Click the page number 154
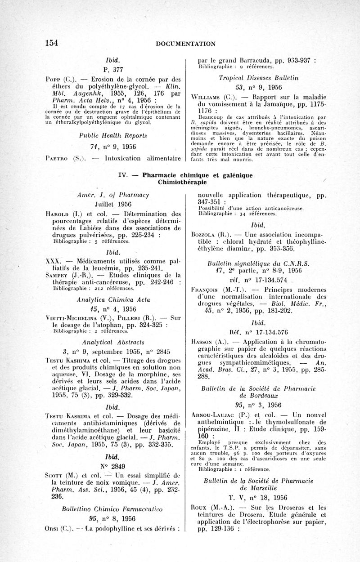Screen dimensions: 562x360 [x=52, y=43]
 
